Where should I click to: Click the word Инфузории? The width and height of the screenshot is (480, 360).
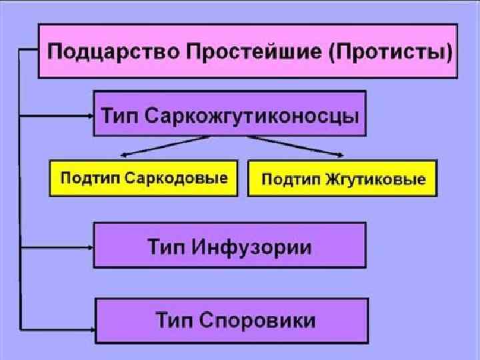point(252,247)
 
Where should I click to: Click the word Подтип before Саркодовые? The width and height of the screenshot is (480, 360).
point(87,178)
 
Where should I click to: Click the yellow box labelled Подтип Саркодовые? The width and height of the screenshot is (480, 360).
point(143,178)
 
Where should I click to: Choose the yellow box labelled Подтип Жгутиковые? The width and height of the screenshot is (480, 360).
point(342,179)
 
